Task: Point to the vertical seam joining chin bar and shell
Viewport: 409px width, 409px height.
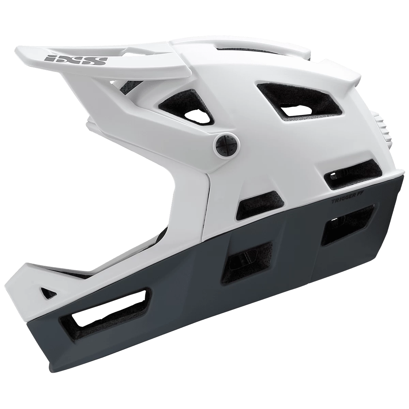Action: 207,204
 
